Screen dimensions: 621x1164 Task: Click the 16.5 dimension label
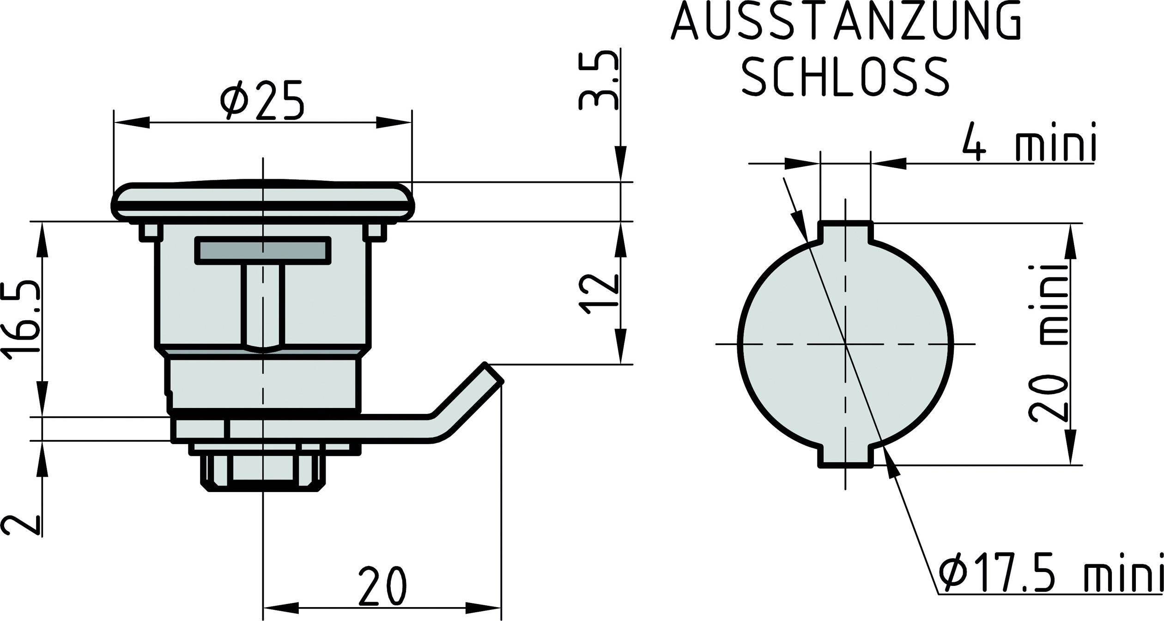[21, 319]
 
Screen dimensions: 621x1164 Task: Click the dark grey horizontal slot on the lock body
[263, 250]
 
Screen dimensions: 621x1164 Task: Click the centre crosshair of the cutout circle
[846, 344]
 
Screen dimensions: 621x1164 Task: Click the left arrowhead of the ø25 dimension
[132, 122]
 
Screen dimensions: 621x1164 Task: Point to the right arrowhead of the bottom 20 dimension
[483, 608]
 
